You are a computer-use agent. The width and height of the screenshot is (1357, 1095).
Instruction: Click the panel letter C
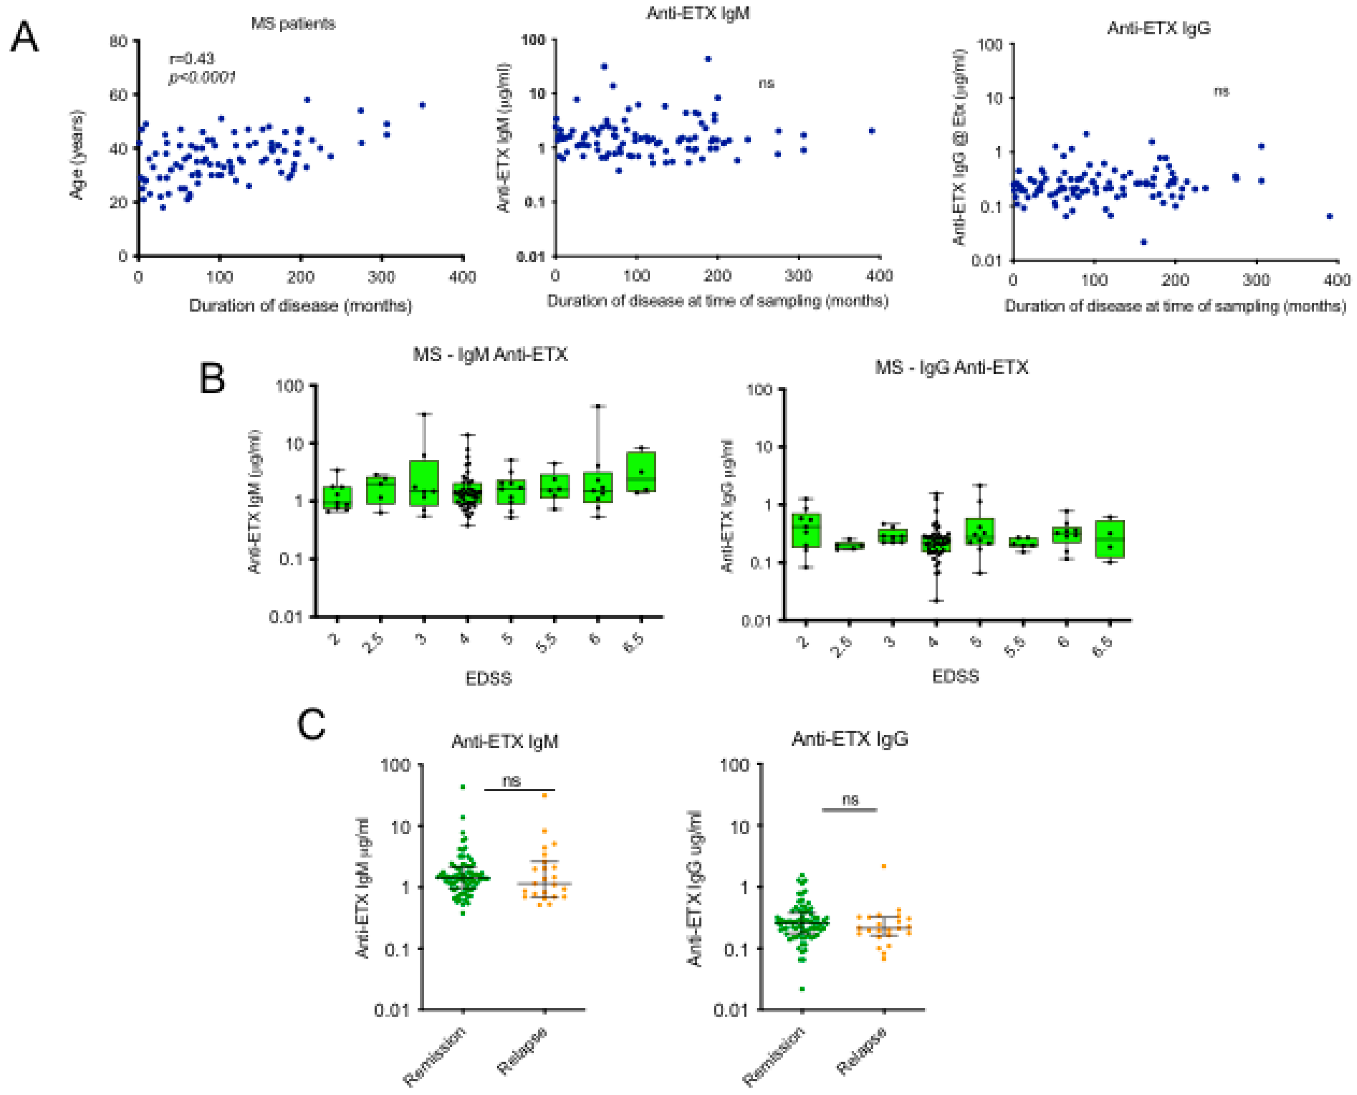[x=311, y=725]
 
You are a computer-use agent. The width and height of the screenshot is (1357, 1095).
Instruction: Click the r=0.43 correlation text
[x=192, y=59]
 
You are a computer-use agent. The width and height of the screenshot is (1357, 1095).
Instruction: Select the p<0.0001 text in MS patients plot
[x=202, y=77]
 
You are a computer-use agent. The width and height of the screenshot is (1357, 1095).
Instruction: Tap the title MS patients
[x=293, y=24]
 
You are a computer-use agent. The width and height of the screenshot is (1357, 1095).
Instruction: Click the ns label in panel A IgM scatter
[x=766, y=83]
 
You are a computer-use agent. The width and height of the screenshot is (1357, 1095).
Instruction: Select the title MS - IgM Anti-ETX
[x=490, y=355]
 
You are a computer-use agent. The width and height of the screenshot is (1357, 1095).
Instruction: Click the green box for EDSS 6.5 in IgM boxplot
[x=641, y=471]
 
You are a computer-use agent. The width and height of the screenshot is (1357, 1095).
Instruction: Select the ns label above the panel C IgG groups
[x=850, y=800]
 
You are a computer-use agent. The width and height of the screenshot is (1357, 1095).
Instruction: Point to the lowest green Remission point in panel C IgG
[x=802, y=988]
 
